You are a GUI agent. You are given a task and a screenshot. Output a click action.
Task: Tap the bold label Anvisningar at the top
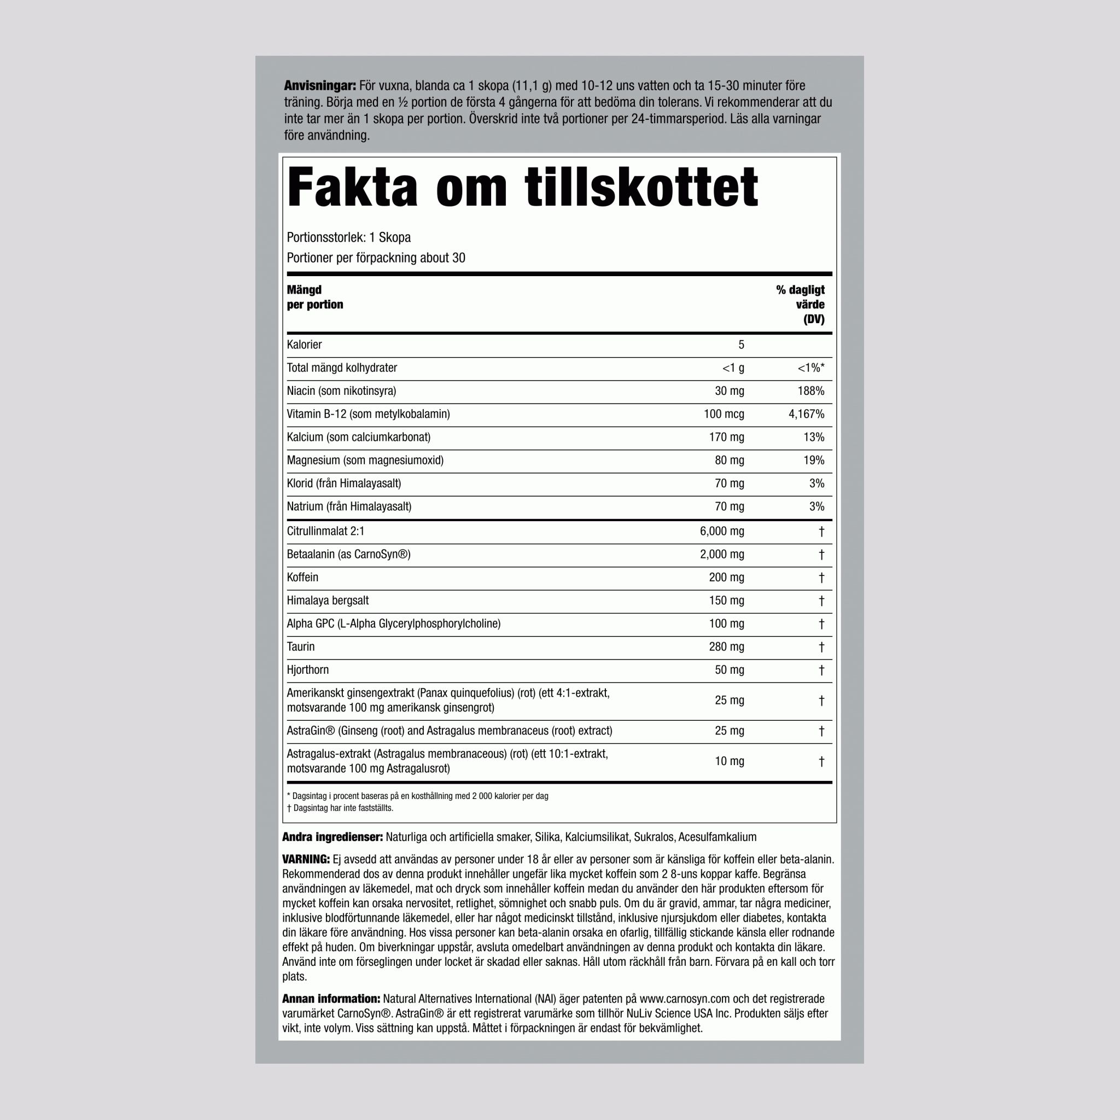319,86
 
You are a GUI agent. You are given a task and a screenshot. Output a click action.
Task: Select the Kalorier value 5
741,345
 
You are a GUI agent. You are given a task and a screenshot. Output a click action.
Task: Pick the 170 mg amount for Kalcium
726,437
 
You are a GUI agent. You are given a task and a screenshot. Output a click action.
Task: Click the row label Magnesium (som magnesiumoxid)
365,460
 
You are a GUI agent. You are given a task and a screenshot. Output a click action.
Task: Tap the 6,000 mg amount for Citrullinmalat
722,531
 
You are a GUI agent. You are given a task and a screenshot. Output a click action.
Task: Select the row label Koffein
302,577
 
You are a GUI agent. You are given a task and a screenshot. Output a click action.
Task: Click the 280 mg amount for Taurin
726,647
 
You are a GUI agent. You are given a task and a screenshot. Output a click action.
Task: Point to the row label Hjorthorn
308,670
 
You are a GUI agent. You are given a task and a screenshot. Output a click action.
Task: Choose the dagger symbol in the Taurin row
821,647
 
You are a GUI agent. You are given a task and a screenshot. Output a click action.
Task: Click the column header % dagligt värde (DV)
801,305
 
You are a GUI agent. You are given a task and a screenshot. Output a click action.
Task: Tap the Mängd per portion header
315,297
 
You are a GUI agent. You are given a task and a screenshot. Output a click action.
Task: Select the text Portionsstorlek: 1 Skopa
348,238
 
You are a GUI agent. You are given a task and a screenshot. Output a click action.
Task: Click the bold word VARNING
306,860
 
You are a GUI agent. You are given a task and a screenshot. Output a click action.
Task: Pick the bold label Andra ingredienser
332,837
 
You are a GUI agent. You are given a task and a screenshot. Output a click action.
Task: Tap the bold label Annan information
331,999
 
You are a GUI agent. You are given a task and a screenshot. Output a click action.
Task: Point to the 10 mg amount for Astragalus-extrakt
728,761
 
